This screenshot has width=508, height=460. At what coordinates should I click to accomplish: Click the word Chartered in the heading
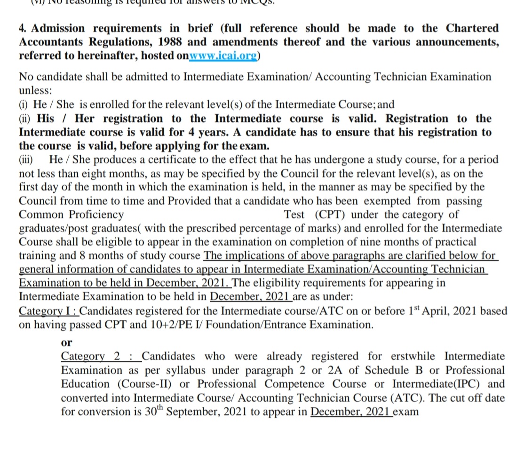(x=472, y=28)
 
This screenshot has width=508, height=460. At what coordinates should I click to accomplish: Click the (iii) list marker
(x=26, y=159)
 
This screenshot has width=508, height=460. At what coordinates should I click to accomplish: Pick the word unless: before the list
(x=36, y=89)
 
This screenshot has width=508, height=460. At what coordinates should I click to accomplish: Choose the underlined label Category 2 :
(x=100, y=356)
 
